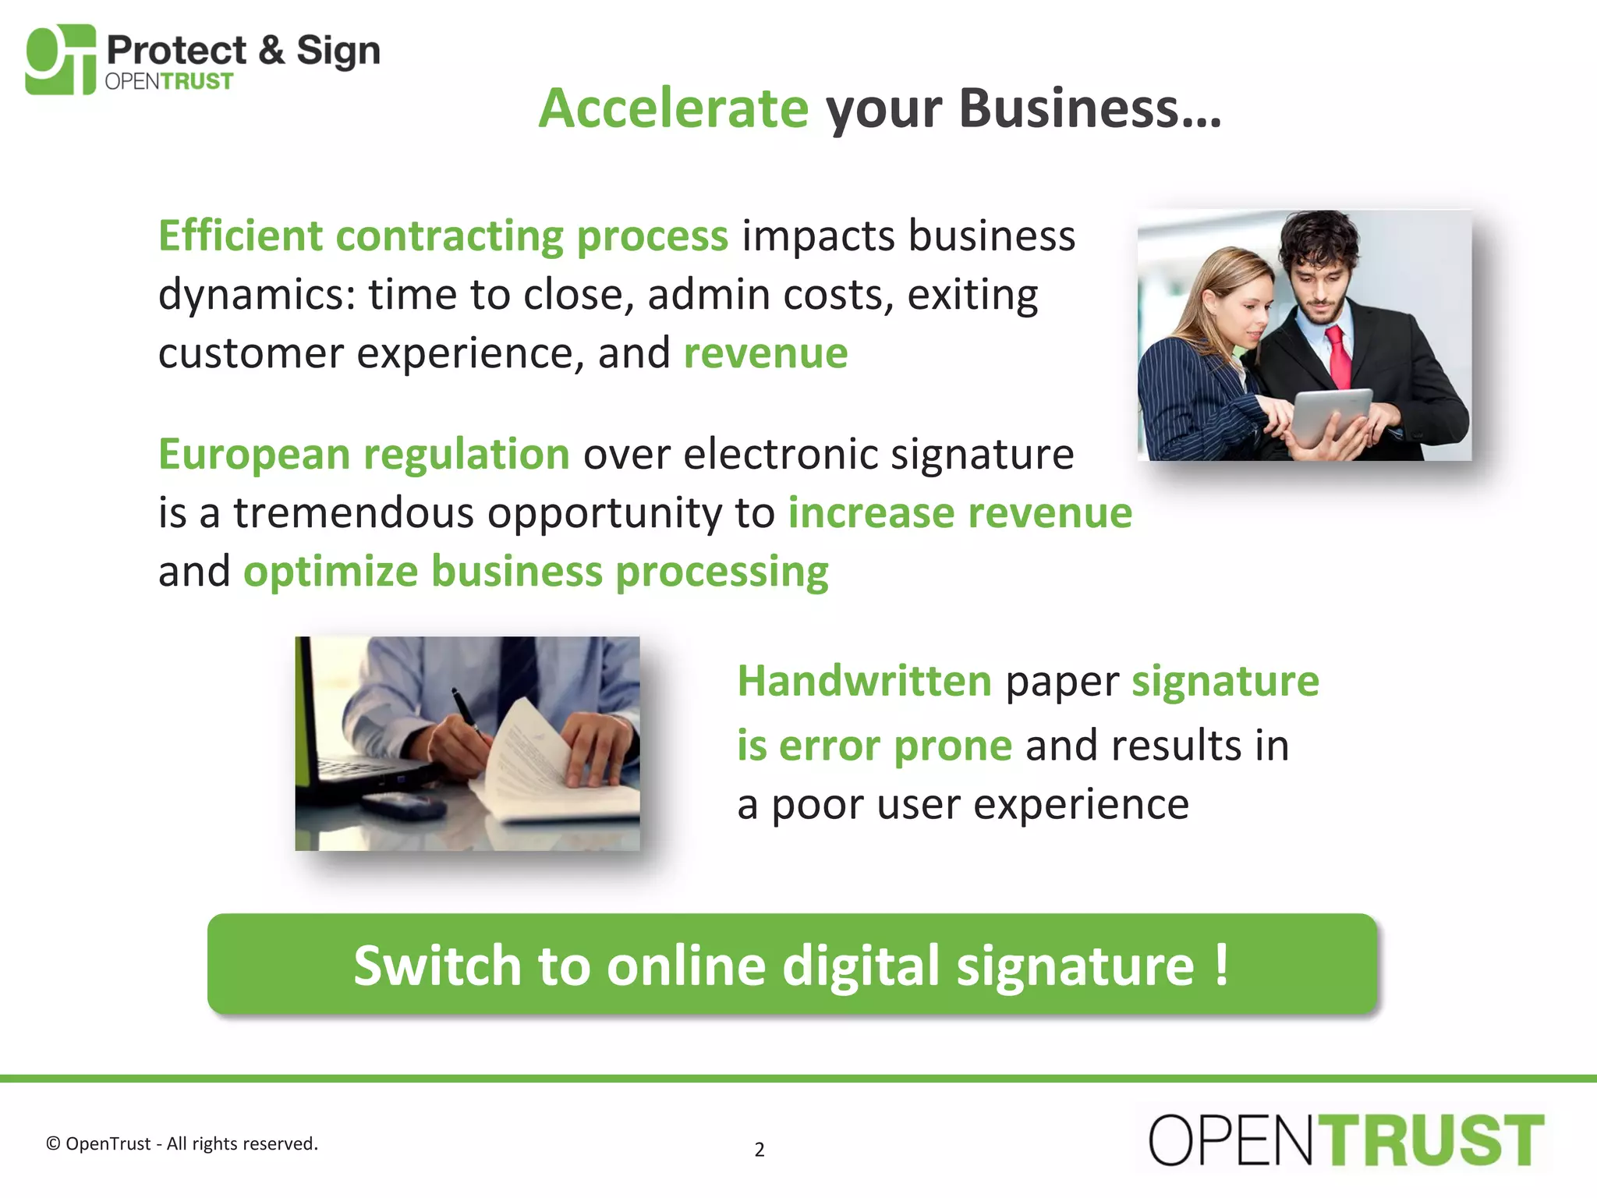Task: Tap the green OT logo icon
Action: pos(61,59)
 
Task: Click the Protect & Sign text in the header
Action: pos(243,51)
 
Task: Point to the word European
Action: pos(253,454)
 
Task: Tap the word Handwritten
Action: pos(864,681)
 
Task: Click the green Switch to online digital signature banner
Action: pos(791,965)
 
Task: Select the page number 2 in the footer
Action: pos(759,1149)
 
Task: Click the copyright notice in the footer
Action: pos(182,1143)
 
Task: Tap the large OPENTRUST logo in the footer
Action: pos(1346,1140)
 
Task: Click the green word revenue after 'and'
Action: pos(765,353)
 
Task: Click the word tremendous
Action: pos(355,513)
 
